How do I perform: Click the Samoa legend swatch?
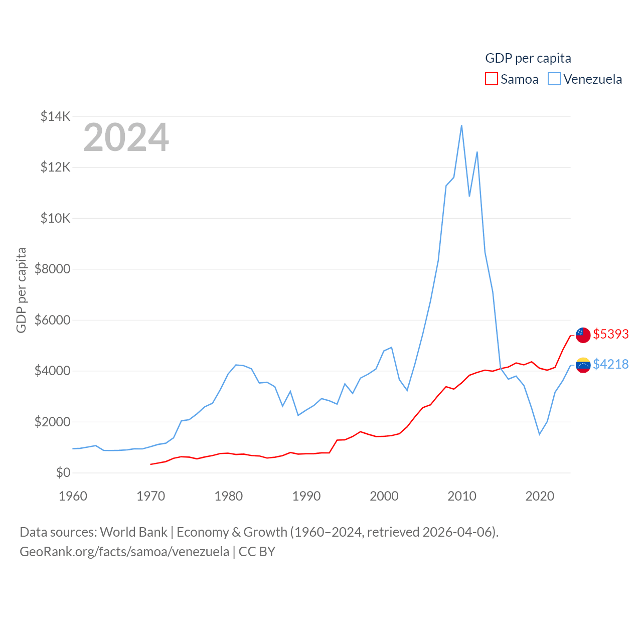pos(492,79)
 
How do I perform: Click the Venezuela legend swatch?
pos(554,79)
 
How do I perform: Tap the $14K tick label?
pos(55,117)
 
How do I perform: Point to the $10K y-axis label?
pos(55,219)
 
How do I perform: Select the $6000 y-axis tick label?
pos(52,320)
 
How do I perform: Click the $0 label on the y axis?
pos(63,472)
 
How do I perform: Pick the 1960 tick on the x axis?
pos(73,496)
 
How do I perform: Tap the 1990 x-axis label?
pos(306,496)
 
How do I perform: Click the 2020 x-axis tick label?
pos(540,496)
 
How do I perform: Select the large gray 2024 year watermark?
pos(126,137)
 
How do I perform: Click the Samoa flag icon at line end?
pos(583,335)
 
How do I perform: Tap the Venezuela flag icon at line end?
pos(583,365)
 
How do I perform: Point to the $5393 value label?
pos(610,334)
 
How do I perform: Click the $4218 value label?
pos(610,364)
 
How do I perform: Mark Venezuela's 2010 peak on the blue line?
pos(461,125)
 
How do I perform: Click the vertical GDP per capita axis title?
pos(21,290)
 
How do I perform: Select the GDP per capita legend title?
pos(528,58)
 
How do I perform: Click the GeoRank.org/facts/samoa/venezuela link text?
pos(124,552)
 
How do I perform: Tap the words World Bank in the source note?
pos(133,532)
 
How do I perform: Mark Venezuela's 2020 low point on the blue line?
pos(539,434)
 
